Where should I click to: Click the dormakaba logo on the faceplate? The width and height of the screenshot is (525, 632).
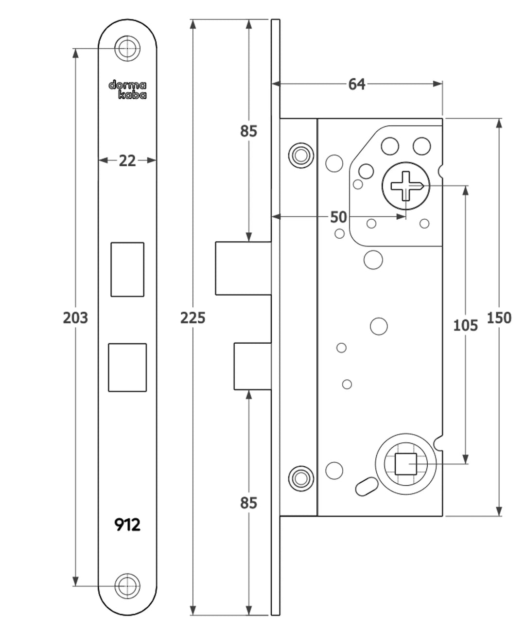coord(127,90)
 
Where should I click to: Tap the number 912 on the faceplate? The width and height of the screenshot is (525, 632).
coord(127,525)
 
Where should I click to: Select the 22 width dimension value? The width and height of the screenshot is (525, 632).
coord(127,160)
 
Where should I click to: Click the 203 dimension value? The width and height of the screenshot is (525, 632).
coord(75,318)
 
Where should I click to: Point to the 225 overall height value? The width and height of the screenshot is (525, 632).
coord(193,318)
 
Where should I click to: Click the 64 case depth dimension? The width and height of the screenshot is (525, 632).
coord(356,84)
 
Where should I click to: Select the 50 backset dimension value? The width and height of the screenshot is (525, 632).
coord(338,217)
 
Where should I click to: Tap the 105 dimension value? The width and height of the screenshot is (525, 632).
coord(465,325)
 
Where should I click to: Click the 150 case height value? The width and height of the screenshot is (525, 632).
coord(499,318)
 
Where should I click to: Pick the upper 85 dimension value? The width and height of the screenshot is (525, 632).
coord(248,131)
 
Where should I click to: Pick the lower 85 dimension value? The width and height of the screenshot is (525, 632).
coord(248,503)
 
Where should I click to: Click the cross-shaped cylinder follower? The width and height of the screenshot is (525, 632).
coord(406,186)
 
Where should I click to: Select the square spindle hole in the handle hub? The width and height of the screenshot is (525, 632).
coord(405,464)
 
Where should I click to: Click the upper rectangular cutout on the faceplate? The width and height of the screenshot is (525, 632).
coord(127,269)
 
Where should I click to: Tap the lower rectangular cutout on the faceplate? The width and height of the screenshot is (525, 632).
coord(127,368)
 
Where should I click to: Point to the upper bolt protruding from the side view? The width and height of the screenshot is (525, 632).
coord(243,268)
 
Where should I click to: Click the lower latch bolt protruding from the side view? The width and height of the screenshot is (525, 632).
coord(252,366)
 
